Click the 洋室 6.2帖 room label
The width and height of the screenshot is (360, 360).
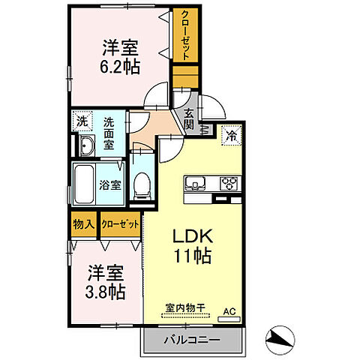(121, 55)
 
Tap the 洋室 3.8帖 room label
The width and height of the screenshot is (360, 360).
(103, 280)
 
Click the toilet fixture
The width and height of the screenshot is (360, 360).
(140, 186)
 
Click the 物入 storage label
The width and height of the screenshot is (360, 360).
(82, 224)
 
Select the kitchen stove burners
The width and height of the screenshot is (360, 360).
(227, 182)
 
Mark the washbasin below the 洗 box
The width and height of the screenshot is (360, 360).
(85, 145)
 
